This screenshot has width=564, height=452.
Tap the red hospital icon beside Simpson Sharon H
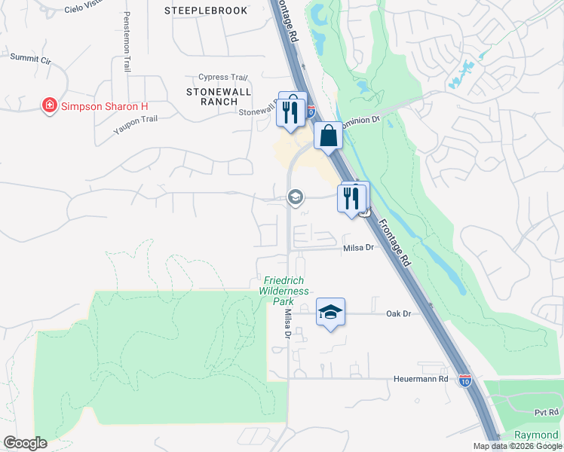click(50, 105)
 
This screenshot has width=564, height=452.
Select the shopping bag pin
click(328, 136)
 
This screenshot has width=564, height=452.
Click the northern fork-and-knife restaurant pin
click(292, 111)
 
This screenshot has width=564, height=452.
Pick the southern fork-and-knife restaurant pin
click(351, 199)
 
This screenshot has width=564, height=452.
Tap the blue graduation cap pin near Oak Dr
click(330, 312)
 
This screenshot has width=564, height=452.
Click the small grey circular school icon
click(296, 197)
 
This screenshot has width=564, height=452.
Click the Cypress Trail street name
click(222, 78)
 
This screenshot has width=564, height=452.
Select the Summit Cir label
click(31, 56)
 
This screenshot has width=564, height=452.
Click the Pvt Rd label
click(545, 413)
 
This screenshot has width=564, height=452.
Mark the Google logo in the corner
click(25, 443)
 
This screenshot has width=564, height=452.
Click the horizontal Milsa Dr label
click(359, 247)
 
